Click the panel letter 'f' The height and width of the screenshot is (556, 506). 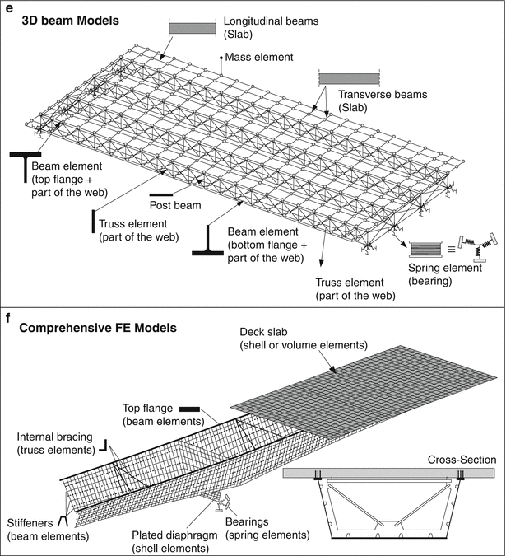point(7,315)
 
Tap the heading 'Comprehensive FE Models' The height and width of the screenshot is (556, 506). point(97,328)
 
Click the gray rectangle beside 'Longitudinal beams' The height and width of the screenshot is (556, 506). point(192,28)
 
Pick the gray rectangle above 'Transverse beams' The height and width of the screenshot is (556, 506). point(349,79)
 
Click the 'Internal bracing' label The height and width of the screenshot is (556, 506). point(51,442)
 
